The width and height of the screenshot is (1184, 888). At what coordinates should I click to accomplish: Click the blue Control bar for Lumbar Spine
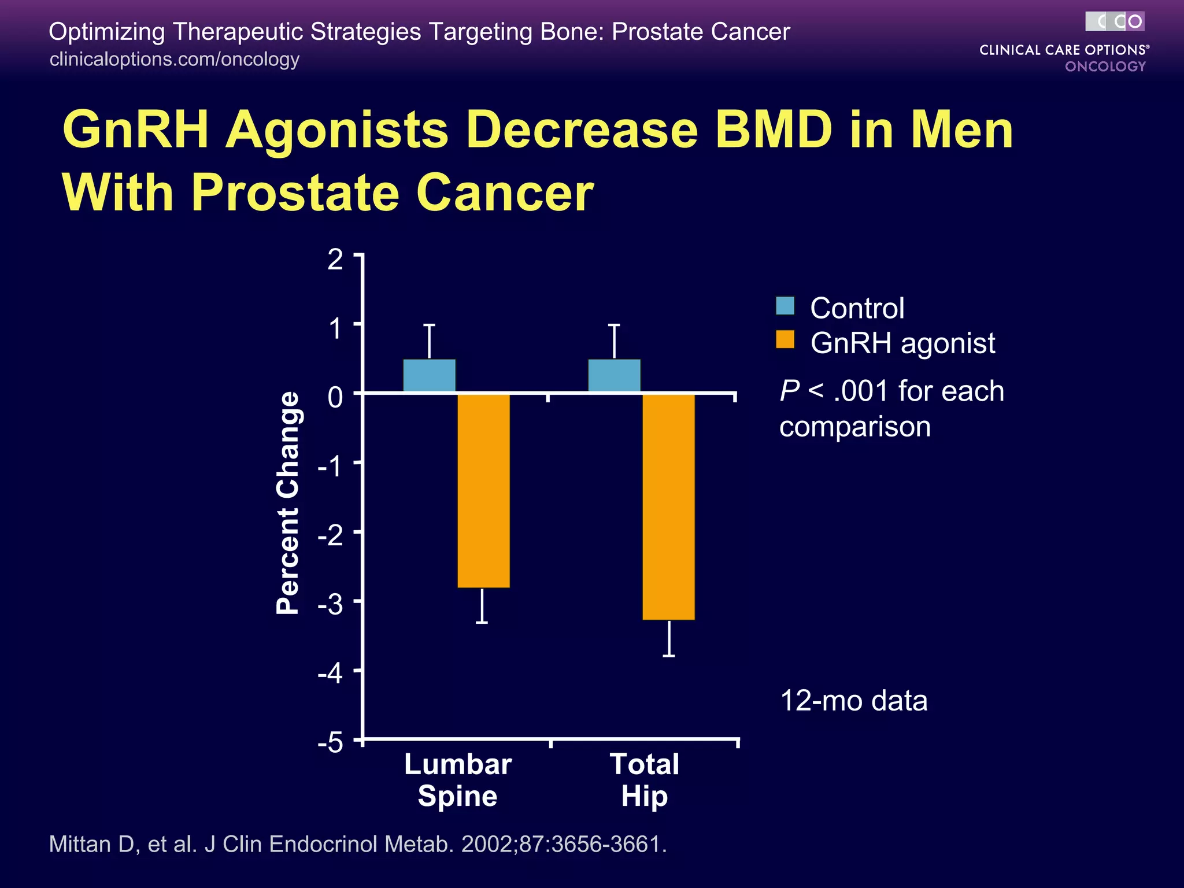429,376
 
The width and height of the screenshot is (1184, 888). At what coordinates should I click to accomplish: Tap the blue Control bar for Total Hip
614,376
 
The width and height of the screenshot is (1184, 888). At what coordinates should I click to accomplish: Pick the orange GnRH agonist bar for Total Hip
668,506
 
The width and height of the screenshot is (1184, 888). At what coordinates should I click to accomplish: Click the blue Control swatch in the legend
785,306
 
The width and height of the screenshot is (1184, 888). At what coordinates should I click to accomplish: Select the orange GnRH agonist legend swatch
785,340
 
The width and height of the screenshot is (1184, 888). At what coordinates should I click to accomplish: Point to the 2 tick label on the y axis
335,260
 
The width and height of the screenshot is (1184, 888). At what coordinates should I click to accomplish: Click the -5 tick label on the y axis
331,742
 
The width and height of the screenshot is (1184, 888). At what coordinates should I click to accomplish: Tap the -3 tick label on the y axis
331,605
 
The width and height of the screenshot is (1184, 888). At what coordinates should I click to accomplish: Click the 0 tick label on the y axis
335,397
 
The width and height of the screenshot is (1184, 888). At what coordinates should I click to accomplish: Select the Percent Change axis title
288,503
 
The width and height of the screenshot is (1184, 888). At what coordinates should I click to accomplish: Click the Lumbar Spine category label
457,780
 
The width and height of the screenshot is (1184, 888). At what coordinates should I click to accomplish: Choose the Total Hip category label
644,780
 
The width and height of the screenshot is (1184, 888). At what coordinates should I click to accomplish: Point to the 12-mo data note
853,701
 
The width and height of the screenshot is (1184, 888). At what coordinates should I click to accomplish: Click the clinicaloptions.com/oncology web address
174,59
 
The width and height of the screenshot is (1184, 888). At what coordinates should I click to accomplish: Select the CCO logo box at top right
1114,21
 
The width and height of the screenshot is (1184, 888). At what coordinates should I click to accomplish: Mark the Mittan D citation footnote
358,844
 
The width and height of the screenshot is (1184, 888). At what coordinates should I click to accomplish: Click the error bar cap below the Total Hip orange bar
669,656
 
